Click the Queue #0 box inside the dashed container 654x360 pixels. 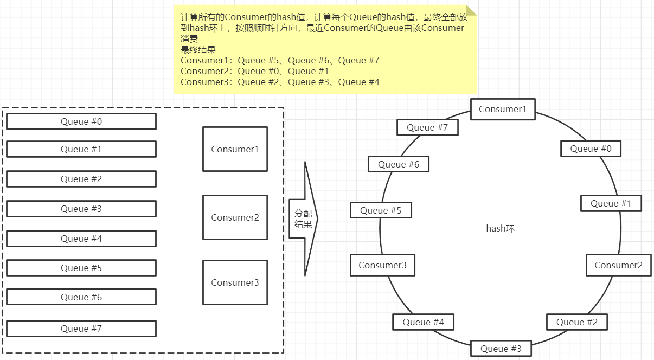point(81,121)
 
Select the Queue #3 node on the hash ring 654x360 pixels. point(501,348)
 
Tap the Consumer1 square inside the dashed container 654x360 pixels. point(235,149)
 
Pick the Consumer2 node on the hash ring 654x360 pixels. point(618,265)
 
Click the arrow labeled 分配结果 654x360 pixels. point(303,219)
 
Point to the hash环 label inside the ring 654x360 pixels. point(500,229)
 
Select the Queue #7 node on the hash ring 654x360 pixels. point(427,127)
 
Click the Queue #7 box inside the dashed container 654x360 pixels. point(81,329)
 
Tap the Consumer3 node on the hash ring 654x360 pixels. point(382,265)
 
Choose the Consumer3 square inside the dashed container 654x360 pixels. point(235,282)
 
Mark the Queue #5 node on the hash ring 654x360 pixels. point(381,210)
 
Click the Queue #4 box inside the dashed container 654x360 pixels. point(81,239)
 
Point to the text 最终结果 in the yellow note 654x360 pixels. point(198,49)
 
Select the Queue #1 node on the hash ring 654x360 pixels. point(611,203)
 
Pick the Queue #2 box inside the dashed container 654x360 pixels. point(81,179)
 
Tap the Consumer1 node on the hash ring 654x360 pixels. point(503,109)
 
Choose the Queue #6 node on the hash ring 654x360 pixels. point(399,164)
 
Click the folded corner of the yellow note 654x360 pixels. point(471,10)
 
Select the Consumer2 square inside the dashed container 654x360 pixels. point(235,217)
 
